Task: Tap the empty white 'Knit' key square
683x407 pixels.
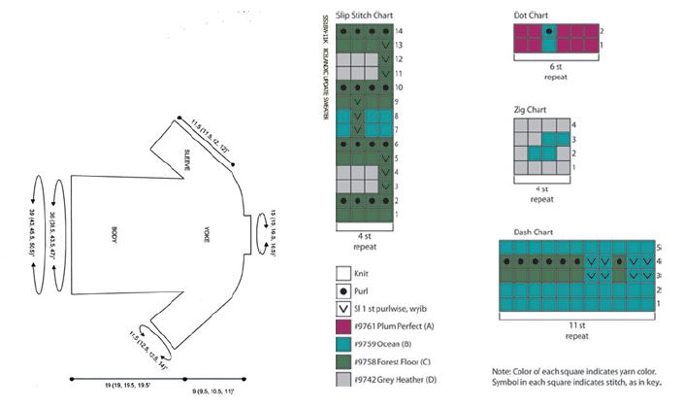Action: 342,273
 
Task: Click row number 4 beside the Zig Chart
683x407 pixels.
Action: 574,124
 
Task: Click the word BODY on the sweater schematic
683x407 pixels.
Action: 115,233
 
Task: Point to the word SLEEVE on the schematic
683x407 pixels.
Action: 186,158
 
